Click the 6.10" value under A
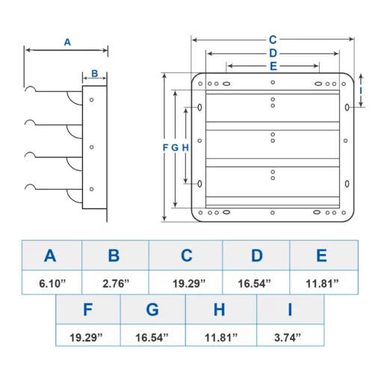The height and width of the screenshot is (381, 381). pos(52,283)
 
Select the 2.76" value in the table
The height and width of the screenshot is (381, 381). pos(116,283)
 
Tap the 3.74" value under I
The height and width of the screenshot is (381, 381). pos(288,338)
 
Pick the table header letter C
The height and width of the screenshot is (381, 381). pos(187,255)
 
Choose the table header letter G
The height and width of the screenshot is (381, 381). pos(152,309)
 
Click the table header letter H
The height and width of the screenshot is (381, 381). pos(219,309)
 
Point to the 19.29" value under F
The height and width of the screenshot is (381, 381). pos(86,338)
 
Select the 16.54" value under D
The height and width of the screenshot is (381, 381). pos(254,283)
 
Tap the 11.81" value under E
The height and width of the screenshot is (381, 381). pos(322,283)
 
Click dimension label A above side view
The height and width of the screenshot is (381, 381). pos(67,42)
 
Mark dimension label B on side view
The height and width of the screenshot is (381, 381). pos(95,73)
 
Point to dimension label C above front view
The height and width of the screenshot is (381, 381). pos(273,40)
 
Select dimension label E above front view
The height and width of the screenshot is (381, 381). pos(273,66)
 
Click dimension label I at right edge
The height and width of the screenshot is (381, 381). pos(361,90)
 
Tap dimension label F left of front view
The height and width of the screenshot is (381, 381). pos(165,148)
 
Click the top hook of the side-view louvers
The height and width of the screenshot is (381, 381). pos(31,87)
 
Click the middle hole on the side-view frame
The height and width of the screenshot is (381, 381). pos(91,147)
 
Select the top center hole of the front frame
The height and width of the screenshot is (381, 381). pos(273,82)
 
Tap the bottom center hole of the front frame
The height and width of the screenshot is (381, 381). pos(273,213)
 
